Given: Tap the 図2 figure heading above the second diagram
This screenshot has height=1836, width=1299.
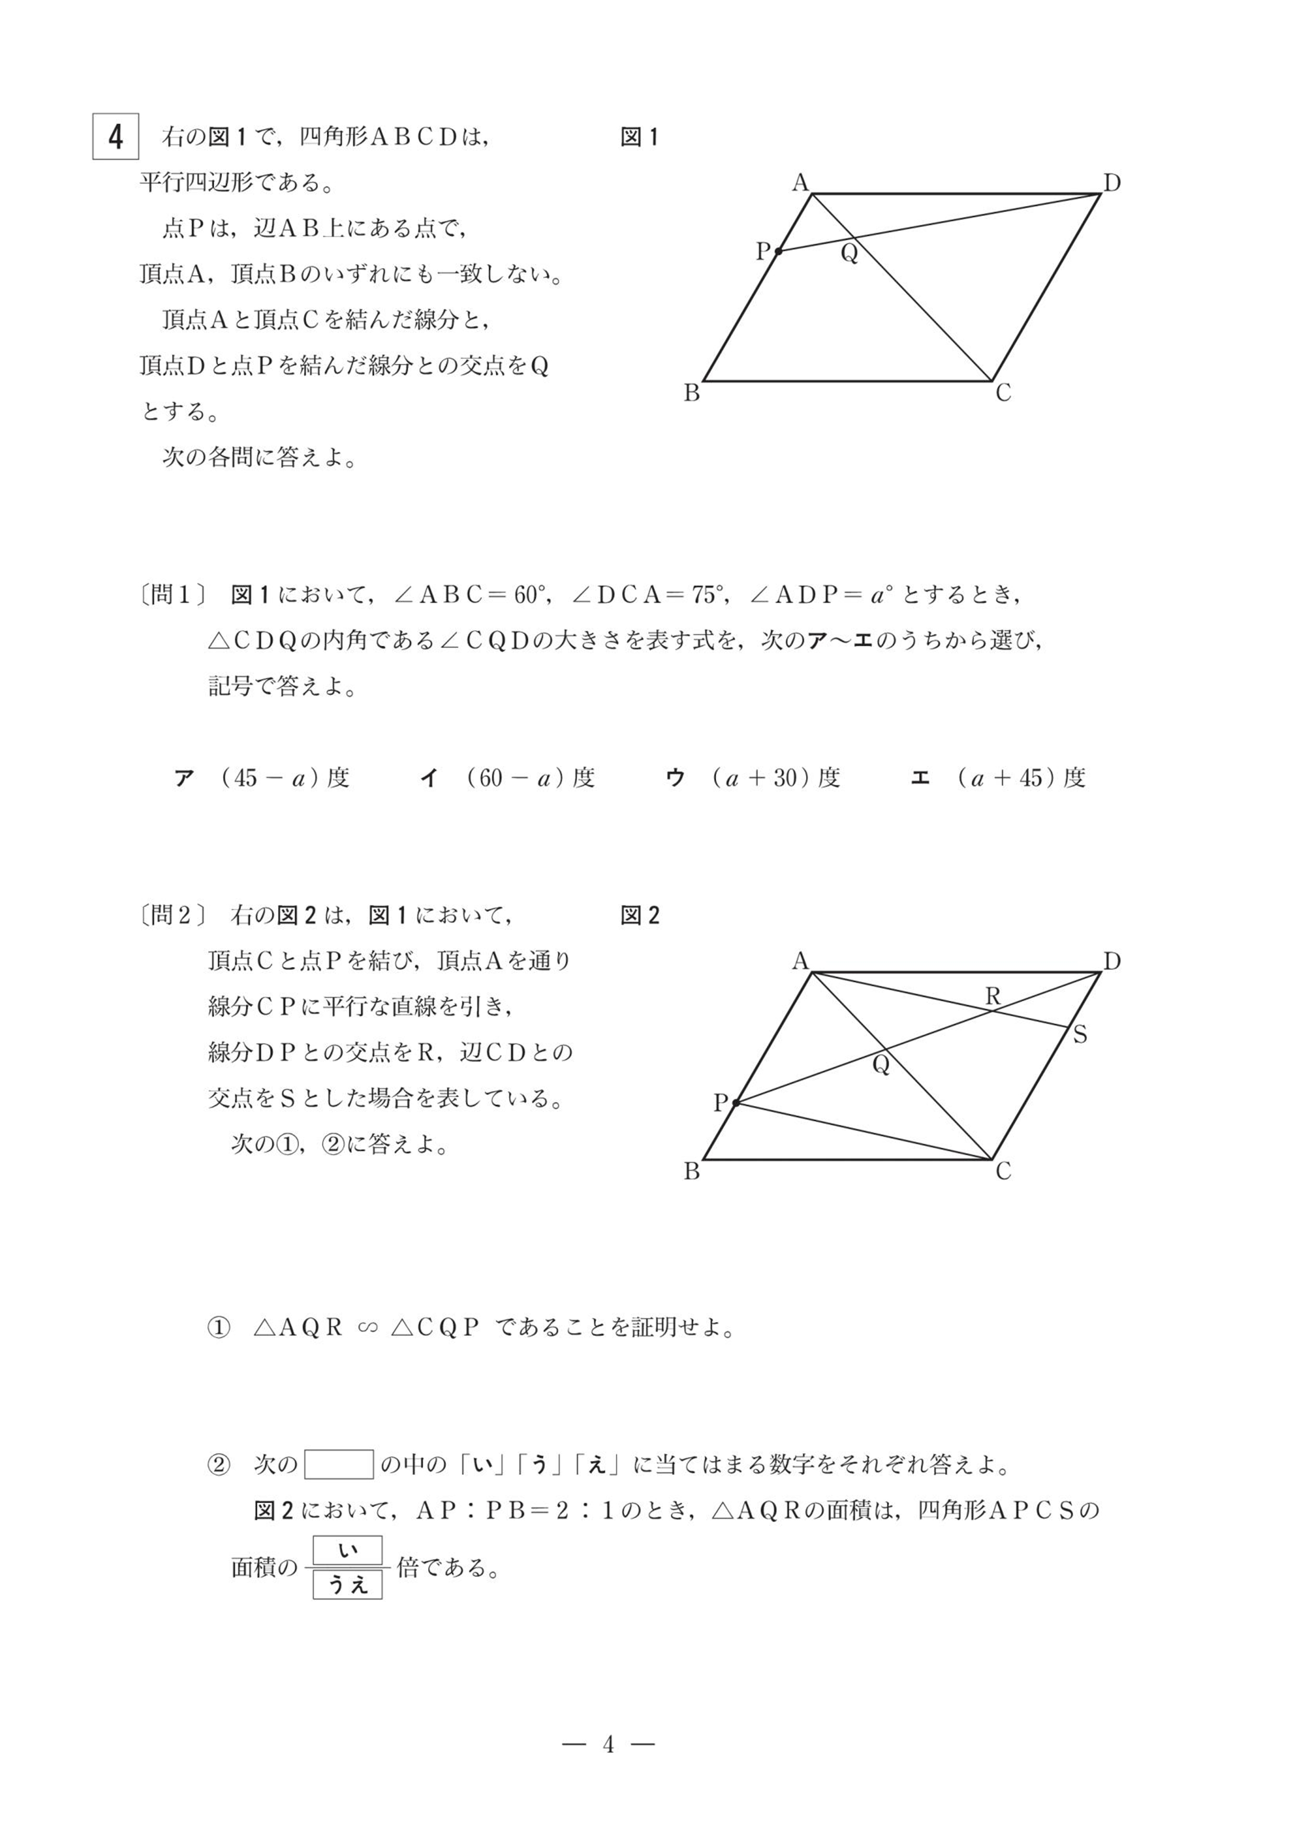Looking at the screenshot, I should [x=639, y=915].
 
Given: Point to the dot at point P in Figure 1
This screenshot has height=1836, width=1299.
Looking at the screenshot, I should [x=778, y=251].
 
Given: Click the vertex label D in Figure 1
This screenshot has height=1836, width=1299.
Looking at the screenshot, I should [x=1112, y=183].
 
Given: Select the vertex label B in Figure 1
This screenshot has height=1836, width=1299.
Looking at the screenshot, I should [x=692, y=394].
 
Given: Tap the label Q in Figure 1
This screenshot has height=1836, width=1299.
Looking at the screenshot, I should [x=849, y=255].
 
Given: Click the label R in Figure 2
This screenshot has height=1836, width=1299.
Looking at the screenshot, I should [x=993, y=997].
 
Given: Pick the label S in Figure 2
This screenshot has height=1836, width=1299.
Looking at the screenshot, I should [x=1080, y=1036].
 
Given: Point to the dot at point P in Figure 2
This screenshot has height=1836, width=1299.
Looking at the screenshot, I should [x=736, y=1103].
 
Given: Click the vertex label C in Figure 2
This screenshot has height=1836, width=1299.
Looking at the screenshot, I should [x=1003, y=1171].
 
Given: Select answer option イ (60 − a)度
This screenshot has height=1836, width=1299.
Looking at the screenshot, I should [x=508, y=778].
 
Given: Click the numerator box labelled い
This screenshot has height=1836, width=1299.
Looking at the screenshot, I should [x=347, y=1551].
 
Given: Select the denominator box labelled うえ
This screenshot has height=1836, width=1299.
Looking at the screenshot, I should [x=347, y=1585].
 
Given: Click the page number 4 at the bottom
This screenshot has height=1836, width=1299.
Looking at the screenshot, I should [x=609, y=1744].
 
